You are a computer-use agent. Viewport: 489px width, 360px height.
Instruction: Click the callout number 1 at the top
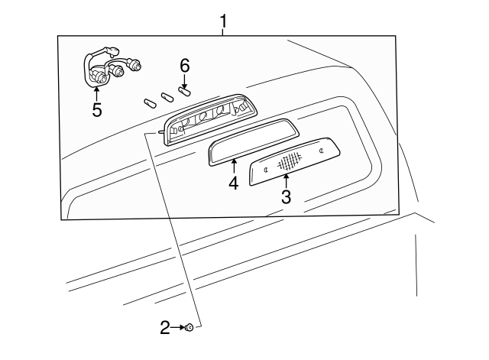pos(223,21)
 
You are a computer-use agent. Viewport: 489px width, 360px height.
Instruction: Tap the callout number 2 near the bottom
pos(165,328)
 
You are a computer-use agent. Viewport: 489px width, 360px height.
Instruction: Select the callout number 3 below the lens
pos(286,197)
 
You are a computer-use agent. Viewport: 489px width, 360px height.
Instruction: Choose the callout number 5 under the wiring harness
pos(97,109)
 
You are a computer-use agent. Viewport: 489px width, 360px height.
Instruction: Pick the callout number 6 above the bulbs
pos(184,66)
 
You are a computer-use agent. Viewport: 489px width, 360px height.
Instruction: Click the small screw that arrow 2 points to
pos(189,328)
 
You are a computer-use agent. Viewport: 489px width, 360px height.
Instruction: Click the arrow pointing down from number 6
pos(184,81)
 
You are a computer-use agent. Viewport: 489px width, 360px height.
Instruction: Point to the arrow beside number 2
pos(178,328)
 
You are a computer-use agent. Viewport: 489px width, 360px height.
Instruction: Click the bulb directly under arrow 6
pos(184,92)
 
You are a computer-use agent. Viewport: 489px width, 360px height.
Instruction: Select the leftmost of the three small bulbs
pos(149,102)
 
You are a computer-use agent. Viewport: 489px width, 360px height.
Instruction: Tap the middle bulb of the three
pos(167,97)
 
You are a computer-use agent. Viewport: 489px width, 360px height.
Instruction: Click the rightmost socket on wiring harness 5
pos(137,66)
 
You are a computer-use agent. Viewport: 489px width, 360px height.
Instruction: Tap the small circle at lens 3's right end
pos(322,151)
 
